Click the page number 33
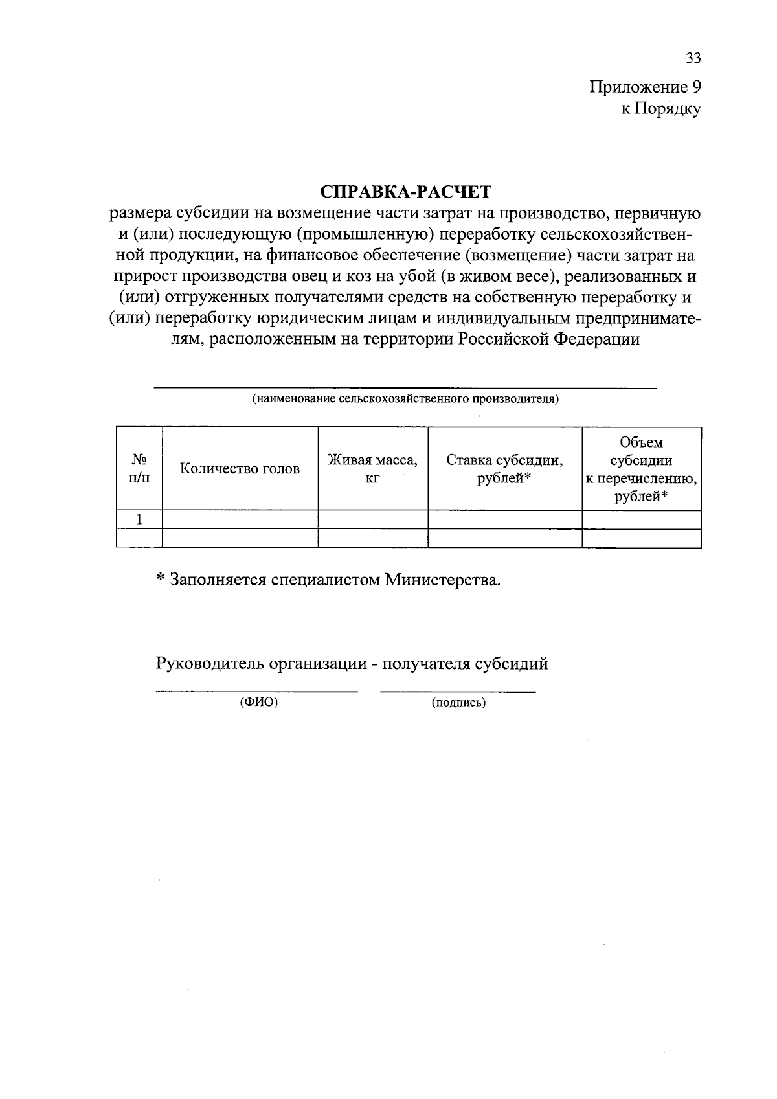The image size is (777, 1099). pos(693,59)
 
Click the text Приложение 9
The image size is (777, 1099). pos(645,87)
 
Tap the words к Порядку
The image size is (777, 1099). pos(661,109)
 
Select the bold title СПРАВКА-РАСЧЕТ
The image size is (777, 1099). pos(406,192)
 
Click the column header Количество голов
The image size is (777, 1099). pos(240,469)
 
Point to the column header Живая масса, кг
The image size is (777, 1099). pos(372,469)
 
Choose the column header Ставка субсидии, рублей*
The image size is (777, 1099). pos(504,469)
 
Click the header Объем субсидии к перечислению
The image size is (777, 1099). pos(641,469)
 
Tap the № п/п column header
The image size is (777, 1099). pos(139,469)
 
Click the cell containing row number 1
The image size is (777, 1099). pos(139,519)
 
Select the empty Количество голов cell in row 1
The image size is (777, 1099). pos(240,519)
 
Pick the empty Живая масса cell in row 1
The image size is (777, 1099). pos(372,519)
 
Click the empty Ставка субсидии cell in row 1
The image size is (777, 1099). pos(504,519)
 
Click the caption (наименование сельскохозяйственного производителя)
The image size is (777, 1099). pos(405,399)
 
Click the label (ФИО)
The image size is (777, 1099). pos(258,702)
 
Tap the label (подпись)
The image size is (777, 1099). pos(458,702)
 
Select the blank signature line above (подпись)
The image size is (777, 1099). pos(458,692)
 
